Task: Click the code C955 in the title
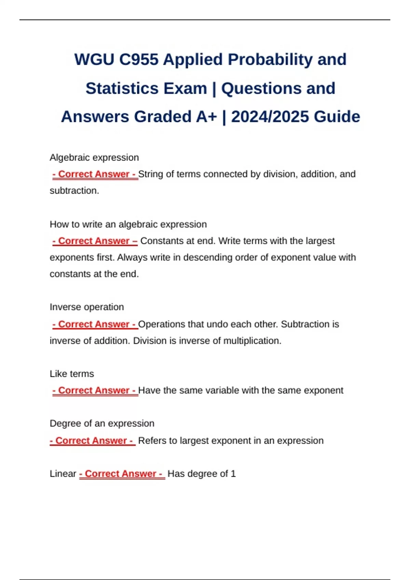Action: point(139,60)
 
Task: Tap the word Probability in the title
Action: point(270,60)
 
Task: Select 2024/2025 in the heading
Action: point(270,117)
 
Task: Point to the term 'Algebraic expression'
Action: point(94,158)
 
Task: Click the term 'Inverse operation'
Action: point(87,307)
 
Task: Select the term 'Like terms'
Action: point(72,374)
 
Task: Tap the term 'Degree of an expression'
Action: point(102,424)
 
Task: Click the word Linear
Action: point(63,474)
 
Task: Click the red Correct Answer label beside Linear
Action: point(122,474)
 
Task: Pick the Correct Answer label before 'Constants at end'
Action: point(95,241)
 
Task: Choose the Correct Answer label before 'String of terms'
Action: point(95,174)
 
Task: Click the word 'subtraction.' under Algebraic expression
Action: point(74,191)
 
